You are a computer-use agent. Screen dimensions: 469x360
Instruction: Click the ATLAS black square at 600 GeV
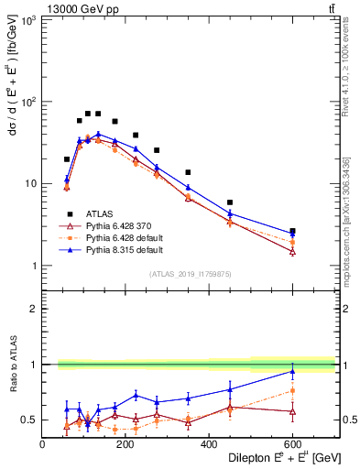[292, 231]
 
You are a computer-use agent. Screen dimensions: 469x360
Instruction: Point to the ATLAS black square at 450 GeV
[230, 202]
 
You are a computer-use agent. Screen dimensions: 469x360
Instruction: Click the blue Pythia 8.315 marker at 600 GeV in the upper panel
[292, 234]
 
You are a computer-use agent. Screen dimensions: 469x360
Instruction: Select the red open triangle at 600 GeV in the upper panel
[292, 251]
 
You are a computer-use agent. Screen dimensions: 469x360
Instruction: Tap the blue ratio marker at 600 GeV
[292, 371]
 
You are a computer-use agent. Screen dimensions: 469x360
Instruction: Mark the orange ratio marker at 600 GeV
[292, 390]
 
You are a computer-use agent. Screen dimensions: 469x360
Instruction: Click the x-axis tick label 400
[209, 444]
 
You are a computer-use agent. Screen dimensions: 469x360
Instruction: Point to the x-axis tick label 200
[125, 444]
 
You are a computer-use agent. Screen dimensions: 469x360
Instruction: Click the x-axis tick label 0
[43, 444]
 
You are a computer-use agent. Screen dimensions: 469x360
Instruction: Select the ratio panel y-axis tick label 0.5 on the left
[30, 420]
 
